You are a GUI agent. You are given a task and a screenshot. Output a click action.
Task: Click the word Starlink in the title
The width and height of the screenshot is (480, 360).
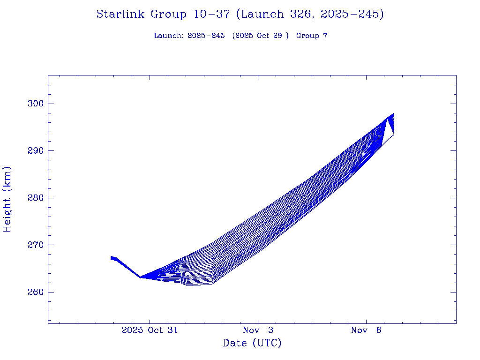121,15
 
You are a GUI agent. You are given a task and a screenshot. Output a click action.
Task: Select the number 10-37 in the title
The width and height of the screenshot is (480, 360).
211,15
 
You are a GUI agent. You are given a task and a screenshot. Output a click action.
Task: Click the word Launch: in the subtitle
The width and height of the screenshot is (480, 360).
169,36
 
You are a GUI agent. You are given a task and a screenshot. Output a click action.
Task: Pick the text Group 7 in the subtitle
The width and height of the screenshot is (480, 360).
312,36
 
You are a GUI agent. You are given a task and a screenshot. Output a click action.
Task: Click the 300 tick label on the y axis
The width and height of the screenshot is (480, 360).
33,104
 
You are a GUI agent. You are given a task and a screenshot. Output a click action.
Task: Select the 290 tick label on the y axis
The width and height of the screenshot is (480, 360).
33,151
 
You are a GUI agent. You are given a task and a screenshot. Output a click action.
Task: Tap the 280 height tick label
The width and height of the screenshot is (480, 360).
33,198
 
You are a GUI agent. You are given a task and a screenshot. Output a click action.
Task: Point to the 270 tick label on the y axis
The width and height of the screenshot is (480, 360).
33,245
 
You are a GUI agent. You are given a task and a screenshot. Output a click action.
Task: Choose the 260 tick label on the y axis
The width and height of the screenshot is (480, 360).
33,292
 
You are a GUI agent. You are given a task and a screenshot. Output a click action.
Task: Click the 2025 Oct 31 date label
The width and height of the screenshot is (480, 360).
150,330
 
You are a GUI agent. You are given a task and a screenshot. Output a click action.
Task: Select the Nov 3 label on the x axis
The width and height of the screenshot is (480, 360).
258,330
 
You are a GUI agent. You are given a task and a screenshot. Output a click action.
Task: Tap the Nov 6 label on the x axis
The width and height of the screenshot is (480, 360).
366,330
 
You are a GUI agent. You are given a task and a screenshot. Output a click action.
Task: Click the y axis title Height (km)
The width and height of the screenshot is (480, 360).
7,199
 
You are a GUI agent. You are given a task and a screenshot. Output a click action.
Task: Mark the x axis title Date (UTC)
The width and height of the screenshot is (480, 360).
252,343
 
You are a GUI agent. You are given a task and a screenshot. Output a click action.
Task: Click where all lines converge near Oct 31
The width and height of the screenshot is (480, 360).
140,277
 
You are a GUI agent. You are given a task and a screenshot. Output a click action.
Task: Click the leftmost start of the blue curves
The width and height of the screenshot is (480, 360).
112,257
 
